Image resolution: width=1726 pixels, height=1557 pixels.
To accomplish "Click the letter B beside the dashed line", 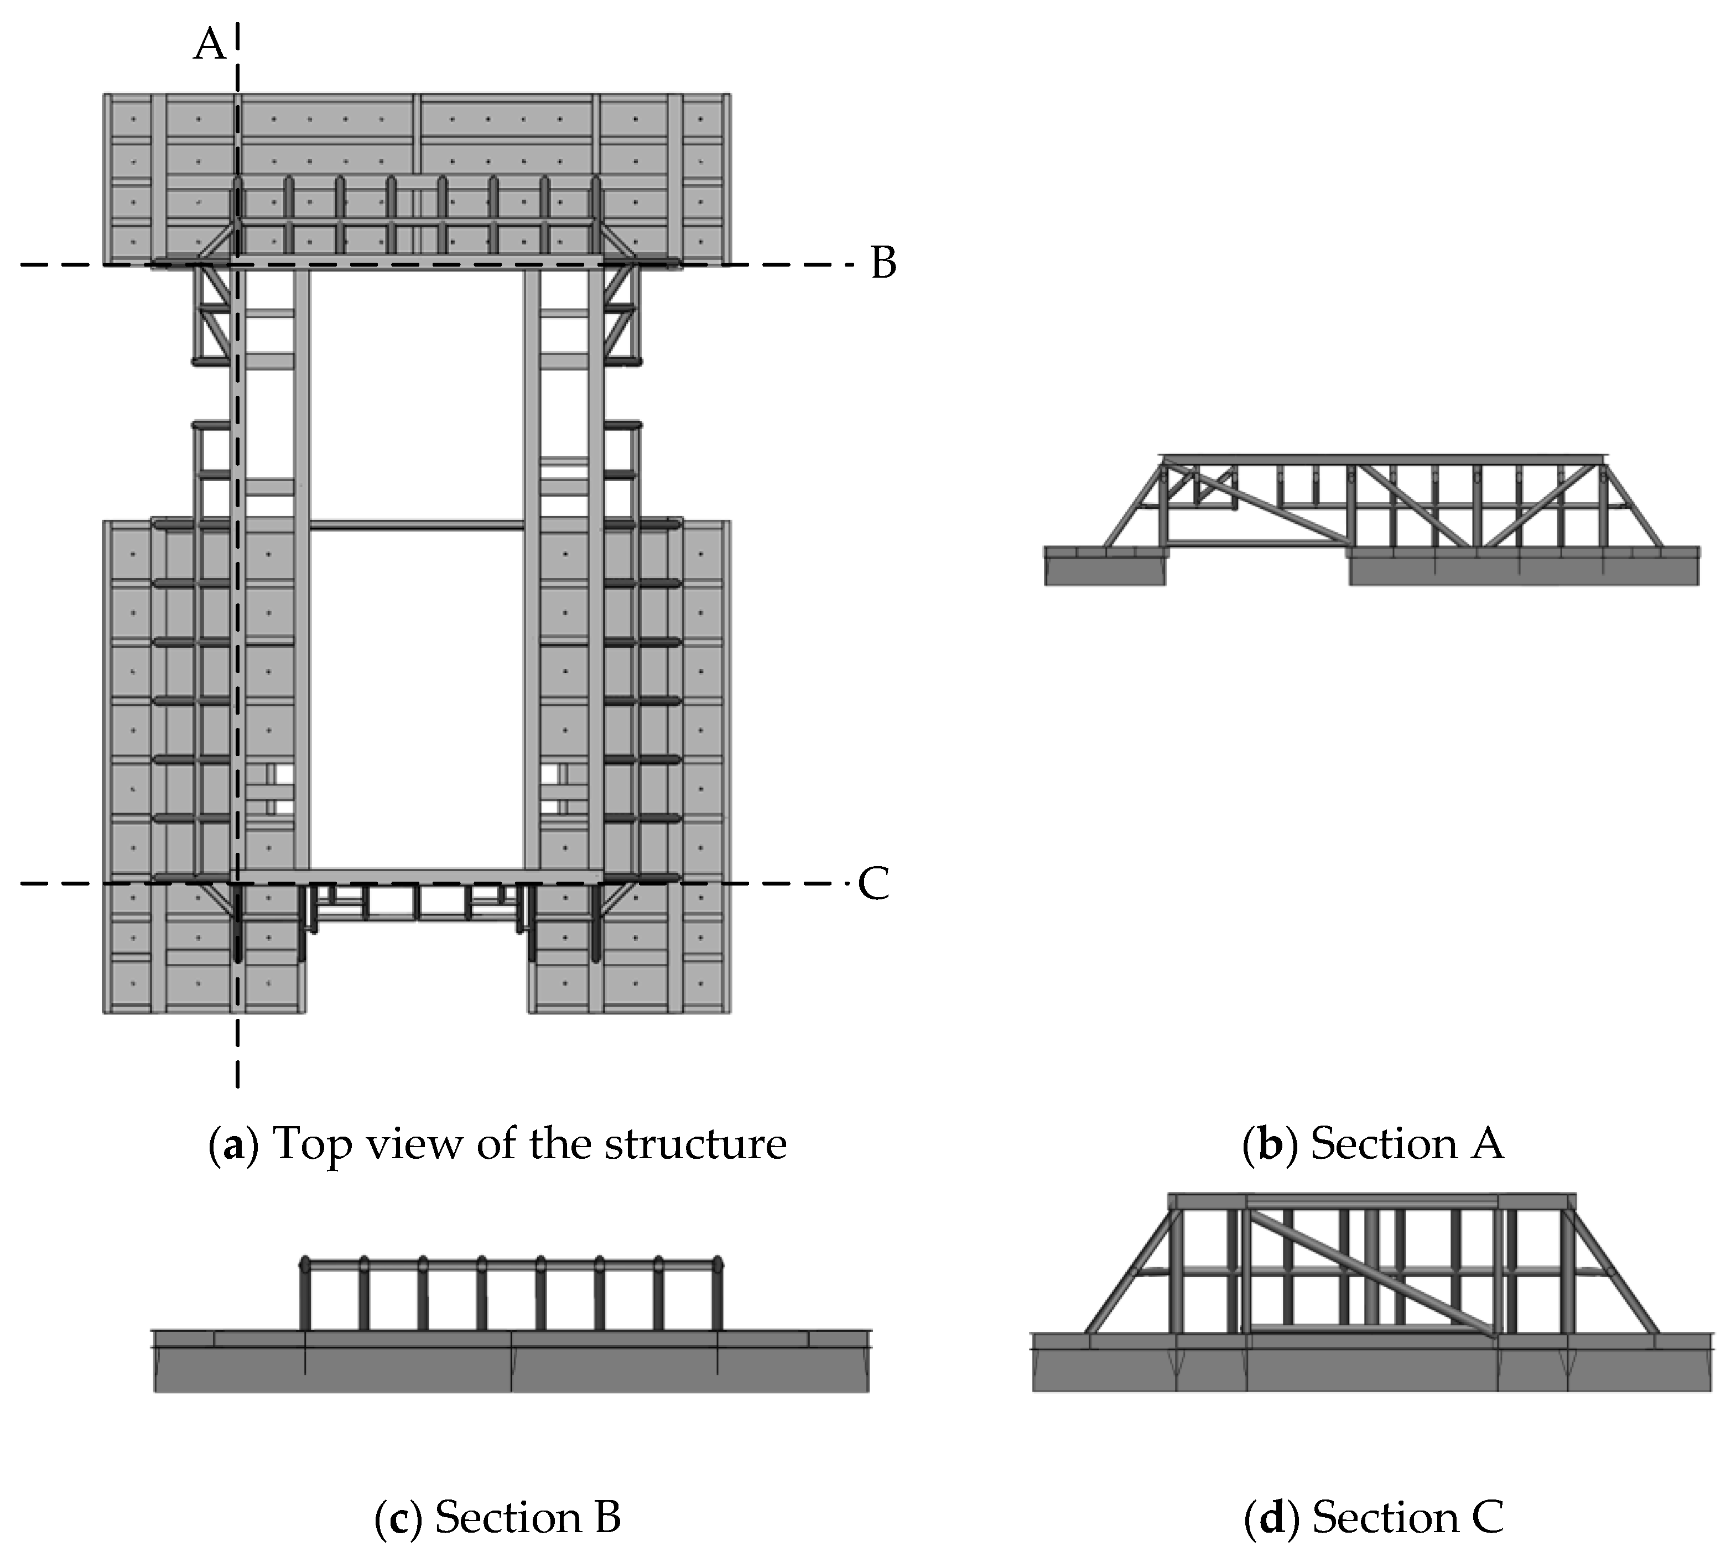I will [883, 263].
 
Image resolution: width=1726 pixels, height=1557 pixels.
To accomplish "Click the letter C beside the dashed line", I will [874, 884].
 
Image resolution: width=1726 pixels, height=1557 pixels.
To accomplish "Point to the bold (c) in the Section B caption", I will [398, 1518].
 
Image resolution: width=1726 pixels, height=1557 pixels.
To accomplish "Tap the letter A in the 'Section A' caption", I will [1487, 1144].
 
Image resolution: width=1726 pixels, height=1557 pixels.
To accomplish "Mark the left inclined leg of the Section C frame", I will [1128, 1275].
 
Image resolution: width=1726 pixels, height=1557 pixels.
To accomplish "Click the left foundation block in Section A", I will [1104, 570].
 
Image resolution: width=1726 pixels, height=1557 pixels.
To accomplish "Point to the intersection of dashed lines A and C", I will [237, 883].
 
